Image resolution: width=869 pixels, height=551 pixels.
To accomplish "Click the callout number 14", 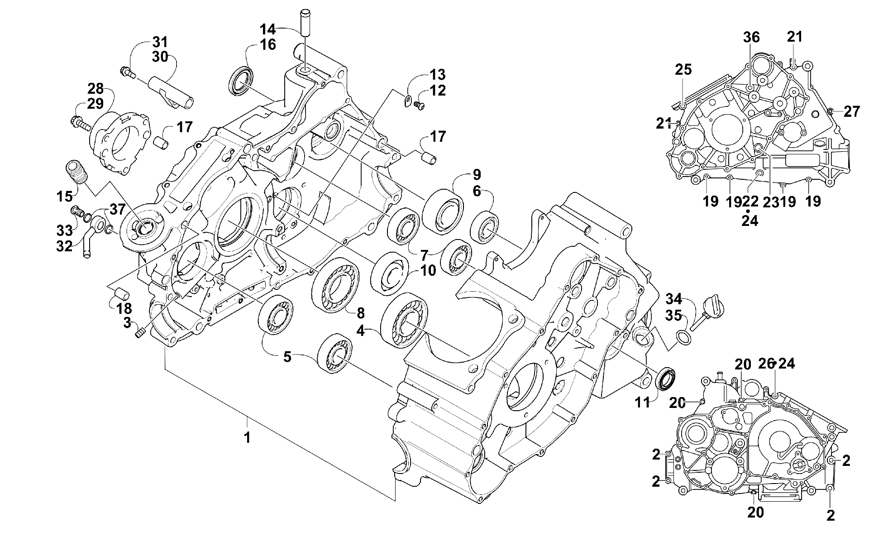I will click(267, 29).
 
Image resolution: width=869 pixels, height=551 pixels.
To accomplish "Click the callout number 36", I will click(751, 37).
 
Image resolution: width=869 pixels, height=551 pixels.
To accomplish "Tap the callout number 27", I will click(851, 111).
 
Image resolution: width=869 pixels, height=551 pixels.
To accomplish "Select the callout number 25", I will click(683, 69).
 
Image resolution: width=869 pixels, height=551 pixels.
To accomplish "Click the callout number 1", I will click(247, 437).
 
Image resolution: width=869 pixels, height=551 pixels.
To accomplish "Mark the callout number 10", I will click(428, 271).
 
